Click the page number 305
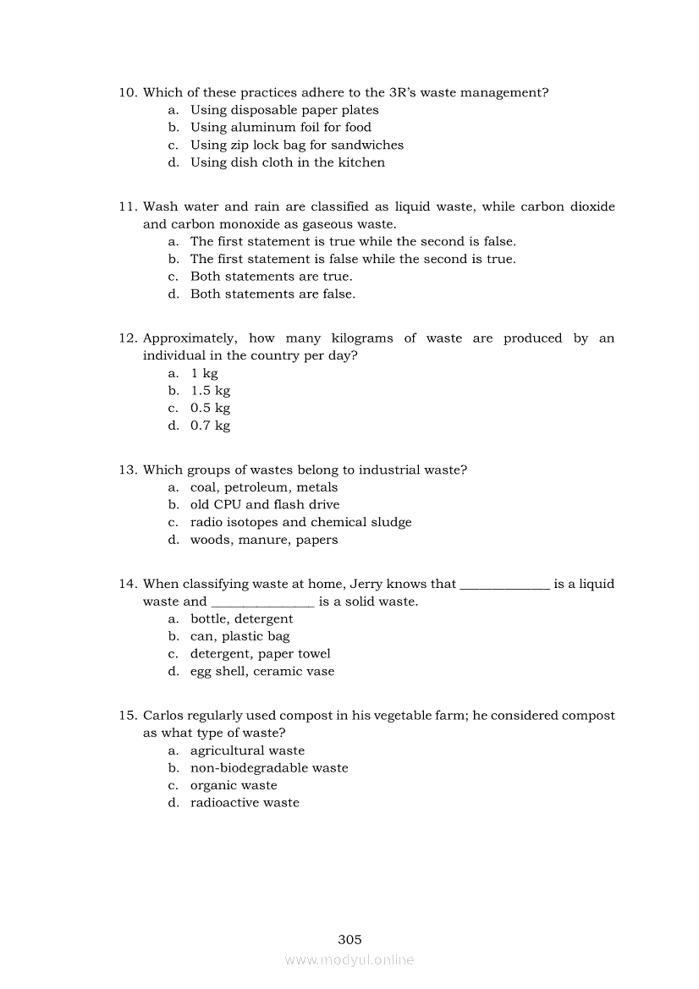click(x=349, y=939)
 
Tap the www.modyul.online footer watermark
click(x=349, y=960)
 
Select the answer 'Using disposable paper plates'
click(x=284, y=110)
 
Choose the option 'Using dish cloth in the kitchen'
click(x=287, y=162)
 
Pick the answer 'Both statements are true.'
click(x=271, y=277)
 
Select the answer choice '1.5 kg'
click(x=210, y=391)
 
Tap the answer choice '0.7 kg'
click(x=210, y=426)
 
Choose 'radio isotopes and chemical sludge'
click(x=300, y=522)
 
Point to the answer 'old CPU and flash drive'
click(x=264, y=504)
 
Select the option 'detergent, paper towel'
click(x=260, y=654)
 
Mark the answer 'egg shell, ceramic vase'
click(x=262, y=672)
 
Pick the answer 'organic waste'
click(x=234, y=785)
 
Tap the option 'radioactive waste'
click(x=245, y=803)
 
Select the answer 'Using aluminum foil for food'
click(x=280, y=128)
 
